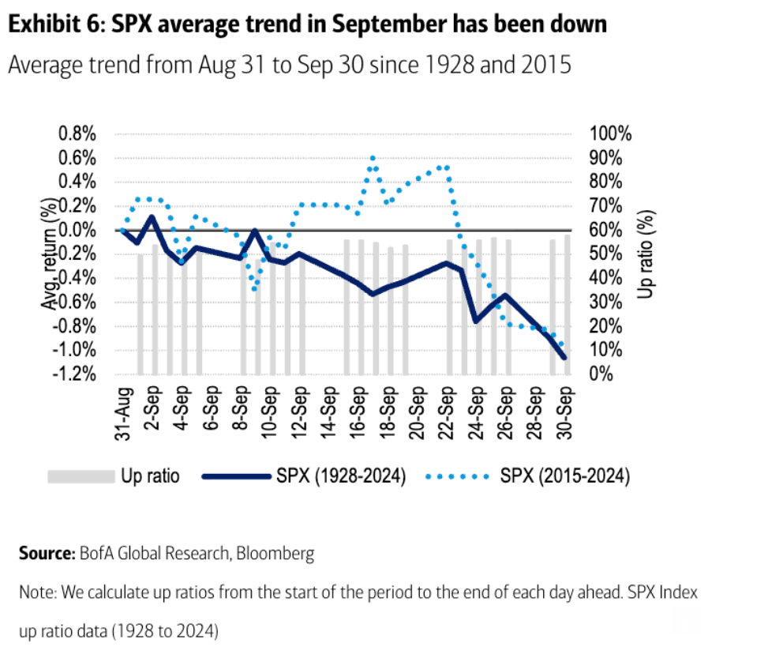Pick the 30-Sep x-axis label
[564, 413]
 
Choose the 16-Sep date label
[359, 413]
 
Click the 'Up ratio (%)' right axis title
[647, 254]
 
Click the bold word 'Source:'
[46, 554]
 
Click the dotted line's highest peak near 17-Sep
[373, 158]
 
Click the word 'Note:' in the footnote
[38, 592]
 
